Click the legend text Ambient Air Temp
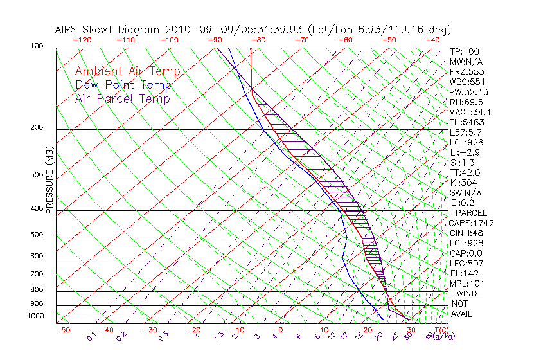pos(127,71)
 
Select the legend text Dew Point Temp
pos(123,85)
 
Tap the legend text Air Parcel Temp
pos(123,98)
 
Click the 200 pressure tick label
pos(36,127)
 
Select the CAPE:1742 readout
pos(470,223)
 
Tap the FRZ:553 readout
pos(466,72)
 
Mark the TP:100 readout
pos(464,51)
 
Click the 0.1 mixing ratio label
pos(91,336)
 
